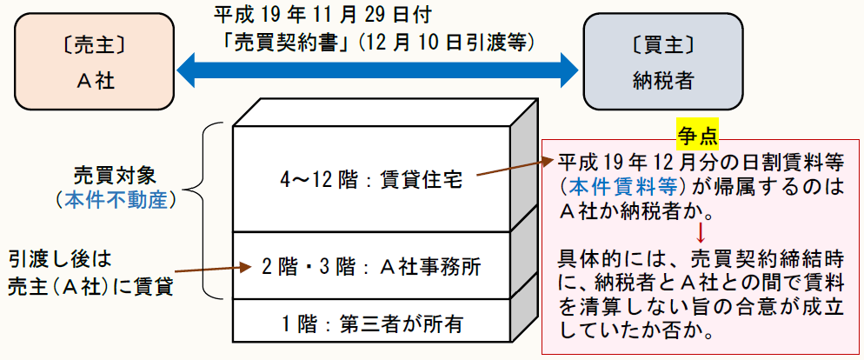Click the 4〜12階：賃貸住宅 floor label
point(372,180)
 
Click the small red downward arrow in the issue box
point(699,232)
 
